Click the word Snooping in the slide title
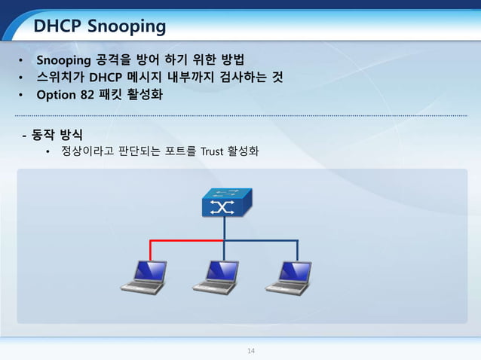click(127, 28)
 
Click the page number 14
click(252, 350)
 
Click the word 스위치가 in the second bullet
click(60, 78)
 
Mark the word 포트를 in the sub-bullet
click(179, 151)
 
